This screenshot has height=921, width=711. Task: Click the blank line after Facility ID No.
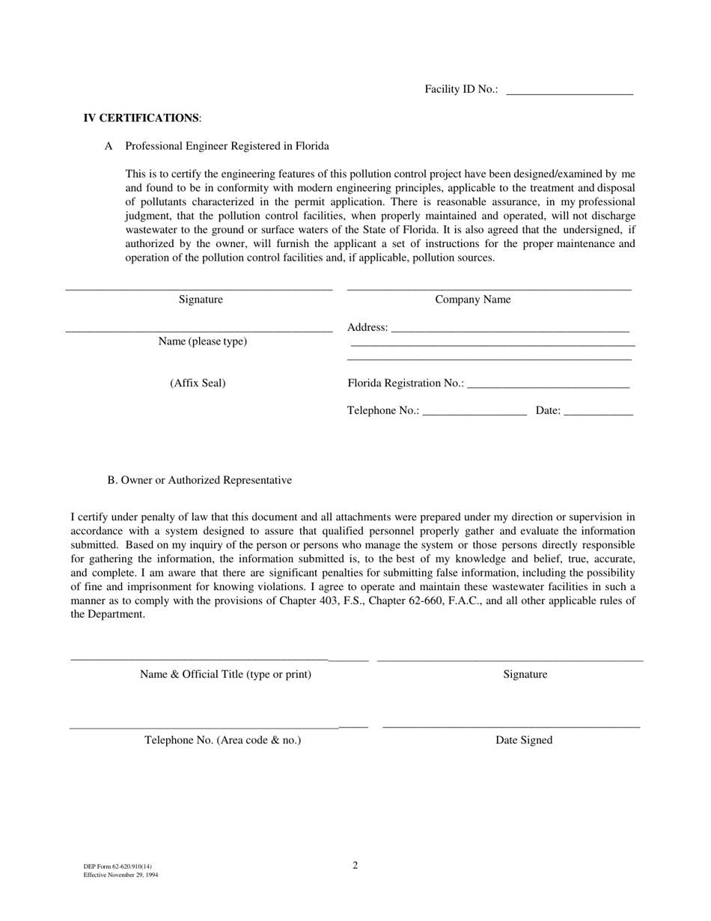click(570, 91)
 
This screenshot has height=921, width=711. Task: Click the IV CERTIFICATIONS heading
click(141, 118)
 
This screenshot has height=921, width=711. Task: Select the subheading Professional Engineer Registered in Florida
click(227, 146)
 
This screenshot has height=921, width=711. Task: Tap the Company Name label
click(473, 300)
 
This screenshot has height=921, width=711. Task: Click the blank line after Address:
click(510, 329)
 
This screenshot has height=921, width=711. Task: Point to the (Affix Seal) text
click(198, 383)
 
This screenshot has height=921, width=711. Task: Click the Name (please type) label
click(202, 341)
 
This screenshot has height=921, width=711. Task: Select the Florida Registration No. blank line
click(547, 385)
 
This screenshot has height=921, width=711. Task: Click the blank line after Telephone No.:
click(474, 412)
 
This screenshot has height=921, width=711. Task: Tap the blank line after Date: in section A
click(598, 412)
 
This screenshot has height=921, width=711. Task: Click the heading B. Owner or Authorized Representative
click(199, 480)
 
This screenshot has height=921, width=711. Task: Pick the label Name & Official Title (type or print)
click(225, 674)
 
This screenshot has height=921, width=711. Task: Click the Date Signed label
click(524, 740)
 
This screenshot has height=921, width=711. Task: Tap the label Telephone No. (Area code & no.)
click(223, 740)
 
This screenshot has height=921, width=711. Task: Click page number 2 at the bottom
click(355, 866)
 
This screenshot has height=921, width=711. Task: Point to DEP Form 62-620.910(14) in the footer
click(118, 866)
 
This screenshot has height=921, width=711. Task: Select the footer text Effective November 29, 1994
click(120, 875)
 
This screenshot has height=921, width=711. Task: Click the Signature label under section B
click(525, 674)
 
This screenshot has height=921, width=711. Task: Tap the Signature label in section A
click(201, 300)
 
